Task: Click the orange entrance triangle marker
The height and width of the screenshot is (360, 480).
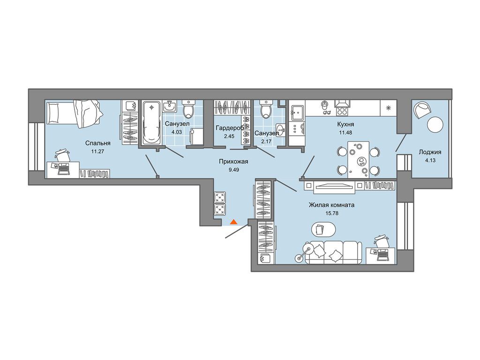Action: click(x=233, y=222)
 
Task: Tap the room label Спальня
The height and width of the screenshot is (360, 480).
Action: click(x=97, y=143)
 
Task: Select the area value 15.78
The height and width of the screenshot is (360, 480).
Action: click(x=332, y=213)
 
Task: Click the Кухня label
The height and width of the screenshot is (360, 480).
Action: click(x=346, y=124)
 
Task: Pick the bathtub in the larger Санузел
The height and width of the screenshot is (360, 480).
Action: click(x=151, y=122)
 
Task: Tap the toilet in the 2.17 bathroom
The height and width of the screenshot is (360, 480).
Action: click(x=265, y=109)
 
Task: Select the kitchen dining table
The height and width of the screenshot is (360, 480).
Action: click(x=358, y=159)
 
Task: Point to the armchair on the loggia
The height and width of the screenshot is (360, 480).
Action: click(x=421, y=110)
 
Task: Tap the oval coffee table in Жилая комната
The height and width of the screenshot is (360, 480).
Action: click(x=323, y=229)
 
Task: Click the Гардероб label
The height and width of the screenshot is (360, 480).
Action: click(x=229, y=128)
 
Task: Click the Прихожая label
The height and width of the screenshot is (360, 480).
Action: click(x=233, y=161)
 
